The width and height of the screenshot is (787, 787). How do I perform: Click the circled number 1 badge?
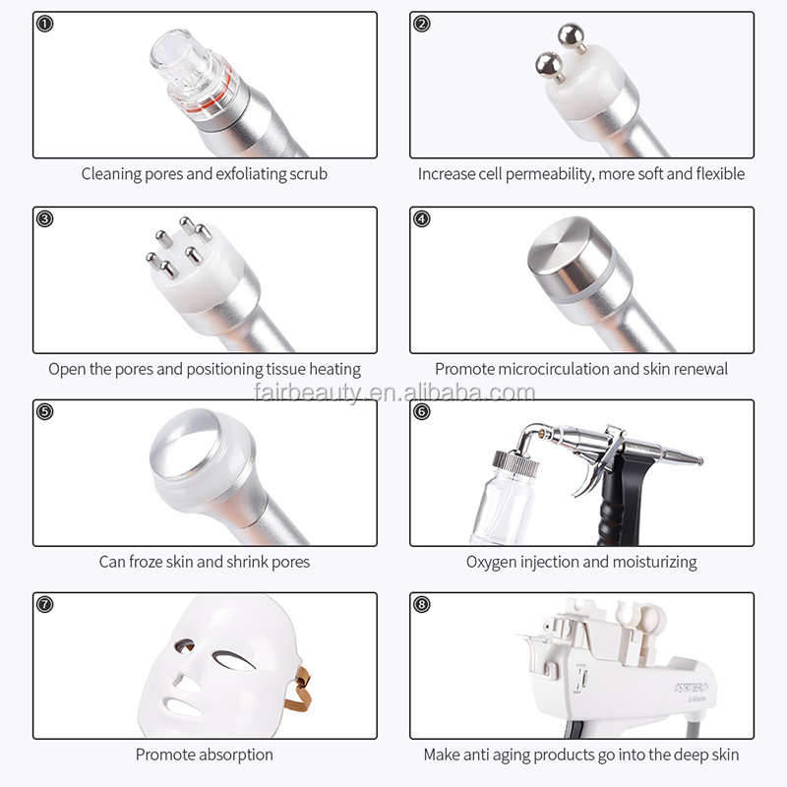point(44,24)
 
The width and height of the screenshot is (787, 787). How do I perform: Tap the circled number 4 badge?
point(422,218)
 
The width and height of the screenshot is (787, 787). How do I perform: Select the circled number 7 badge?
point(44,604)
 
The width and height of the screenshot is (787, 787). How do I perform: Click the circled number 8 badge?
point(422,604)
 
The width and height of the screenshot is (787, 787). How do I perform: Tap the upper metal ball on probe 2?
point(570,36)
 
